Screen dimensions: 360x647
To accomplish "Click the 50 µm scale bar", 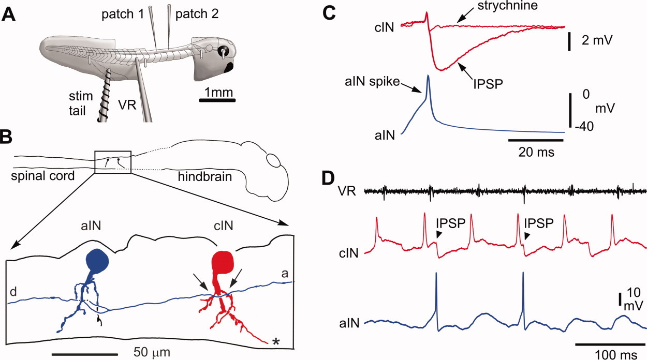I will (85, 339).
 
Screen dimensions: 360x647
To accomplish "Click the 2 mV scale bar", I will (569, 42).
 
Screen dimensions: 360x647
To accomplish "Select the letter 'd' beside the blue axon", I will (12, 293).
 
